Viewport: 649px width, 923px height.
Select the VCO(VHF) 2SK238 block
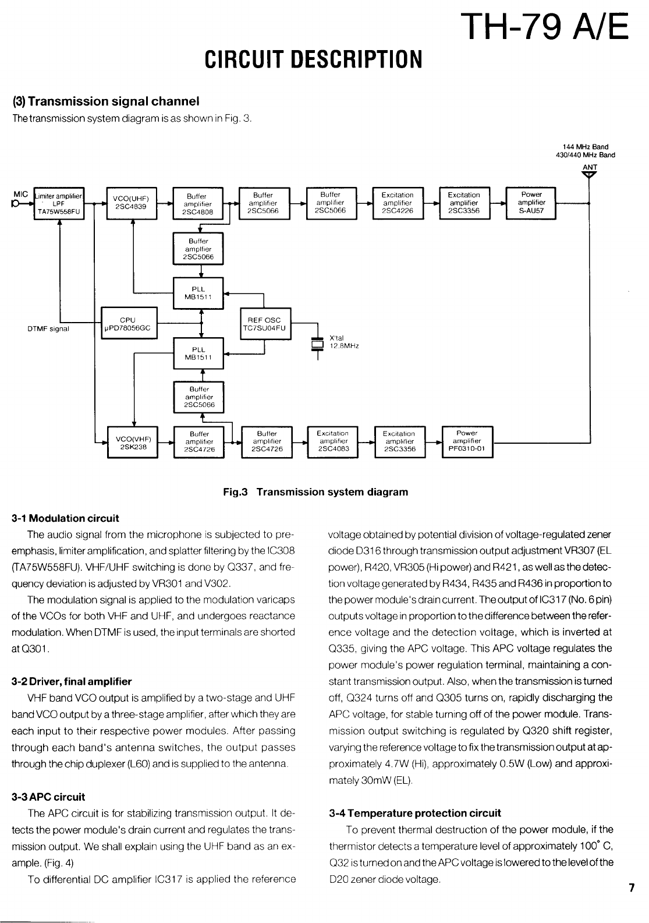coord(134,443)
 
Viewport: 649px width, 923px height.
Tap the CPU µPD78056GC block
coord(127,324)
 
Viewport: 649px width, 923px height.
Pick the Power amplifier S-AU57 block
coord(531,203)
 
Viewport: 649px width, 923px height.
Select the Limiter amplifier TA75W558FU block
coord(61,203)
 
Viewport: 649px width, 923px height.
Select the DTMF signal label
coord(48,328)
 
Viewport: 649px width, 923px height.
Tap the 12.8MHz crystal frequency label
coord(344,346)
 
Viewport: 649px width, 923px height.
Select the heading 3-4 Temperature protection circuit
coord(414,813)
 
